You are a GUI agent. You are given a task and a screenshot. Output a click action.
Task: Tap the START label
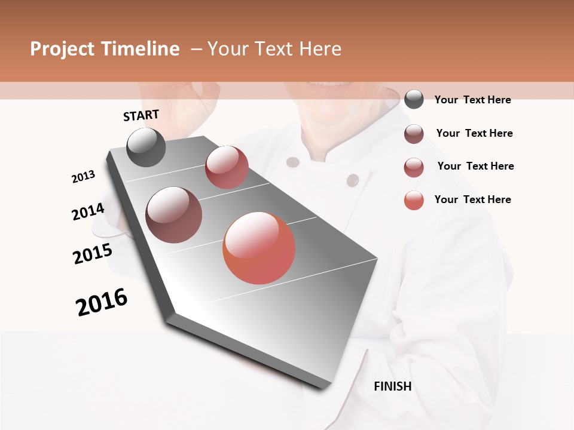click(141, 115)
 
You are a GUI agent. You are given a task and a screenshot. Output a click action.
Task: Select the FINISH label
click(393, 386)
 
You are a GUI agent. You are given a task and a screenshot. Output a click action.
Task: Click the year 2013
click(83, 177)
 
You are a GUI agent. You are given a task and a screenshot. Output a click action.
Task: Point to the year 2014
click(88, 211)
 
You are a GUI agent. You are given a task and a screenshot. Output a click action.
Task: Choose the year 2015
click(93, 254)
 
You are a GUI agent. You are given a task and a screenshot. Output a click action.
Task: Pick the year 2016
click(102, 302)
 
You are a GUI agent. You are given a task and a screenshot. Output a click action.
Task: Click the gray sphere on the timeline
click(146, 147)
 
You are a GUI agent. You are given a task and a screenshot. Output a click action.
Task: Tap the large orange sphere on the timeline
click(259, 248)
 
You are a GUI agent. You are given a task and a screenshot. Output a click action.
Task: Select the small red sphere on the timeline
click(227, 167)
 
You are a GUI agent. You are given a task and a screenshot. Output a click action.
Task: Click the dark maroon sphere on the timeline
click(173, 215)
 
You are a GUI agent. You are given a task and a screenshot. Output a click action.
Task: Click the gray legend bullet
click(414, 100)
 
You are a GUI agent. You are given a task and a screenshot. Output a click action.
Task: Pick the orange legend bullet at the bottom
click(414, 200)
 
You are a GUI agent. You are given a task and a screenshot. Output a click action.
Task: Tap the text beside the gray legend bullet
click(472, 100)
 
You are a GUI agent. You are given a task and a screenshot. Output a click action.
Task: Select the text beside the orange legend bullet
click(472, 199)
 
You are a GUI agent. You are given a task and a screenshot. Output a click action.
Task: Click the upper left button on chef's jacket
click(292, 162)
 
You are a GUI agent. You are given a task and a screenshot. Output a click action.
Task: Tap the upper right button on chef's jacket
click(353, 180)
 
